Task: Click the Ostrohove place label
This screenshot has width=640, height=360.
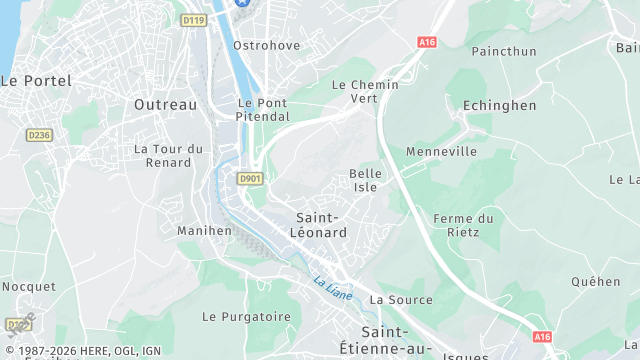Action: tap(266, 46)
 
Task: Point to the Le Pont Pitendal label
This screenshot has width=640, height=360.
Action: tap(263, 109)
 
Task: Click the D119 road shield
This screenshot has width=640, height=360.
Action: tap(193, 19)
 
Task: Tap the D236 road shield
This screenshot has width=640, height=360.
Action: tap(39, 134)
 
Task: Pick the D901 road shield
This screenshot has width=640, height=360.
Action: tap(250, 178)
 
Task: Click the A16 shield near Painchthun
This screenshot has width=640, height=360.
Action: tap(428, 42)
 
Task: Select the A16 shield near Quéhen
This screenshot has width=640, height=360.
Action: tap(542, 337)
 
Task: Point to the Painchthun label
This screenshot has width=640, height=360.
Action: tap(504, 51)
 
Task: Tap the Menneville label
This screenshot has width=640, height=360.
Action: tap(441, 152)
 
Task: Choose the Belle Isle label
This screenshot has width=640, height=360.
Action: tap(365, 180)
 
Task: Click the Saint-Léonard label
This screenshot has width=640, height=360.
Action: tap(322, 225)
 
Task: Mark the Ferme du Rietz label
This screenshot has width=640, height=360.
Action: tap(464, 225)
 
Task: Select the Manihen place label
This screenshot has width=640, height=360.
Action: tap(204, 230)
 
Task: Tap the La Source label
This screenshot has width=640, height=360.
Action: tap(401, 299)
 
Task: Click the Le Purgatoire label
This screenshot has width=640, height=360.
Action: tap(246, 316)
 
